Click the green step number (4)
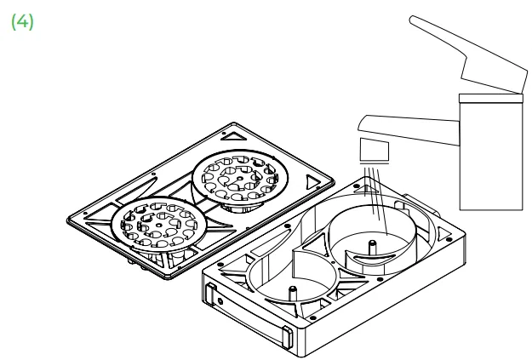tap(22, 22)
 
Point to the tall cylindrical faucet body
tap(491, 156)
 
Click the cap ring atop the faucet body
tap(491, 98)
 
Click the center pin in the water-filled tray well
tap(372, 247)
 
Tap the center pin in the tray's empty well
tap(293, 293)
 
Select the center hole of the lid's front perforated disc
tap(159, 225)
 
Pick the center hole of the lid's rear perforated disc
tap(240, 179)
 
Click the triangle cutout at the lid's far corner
tap(233, 136)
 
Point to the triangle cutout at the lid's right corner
tap(312, 182)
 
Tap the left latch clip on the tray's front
tap(211, 294)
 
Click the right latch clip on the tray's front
tap(287, 337)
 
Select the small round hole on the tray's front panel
tap(220, 301)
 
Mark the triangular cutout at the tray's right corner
tap(443, 233)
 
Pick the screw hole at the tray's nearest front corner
tap(312, 318)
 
